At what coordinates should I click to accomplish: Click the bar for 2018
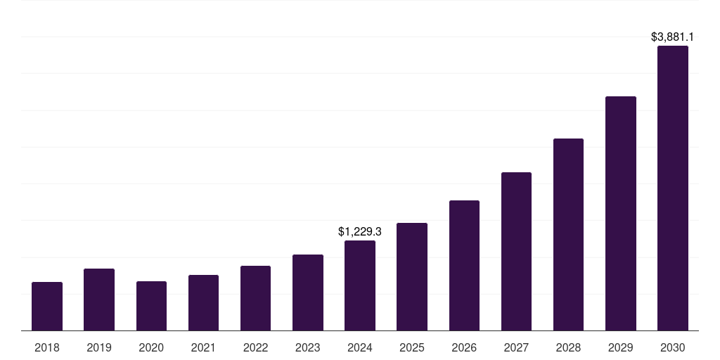(x=47, y=306)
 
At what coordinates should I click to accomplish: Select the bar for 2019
(x=99, y=300)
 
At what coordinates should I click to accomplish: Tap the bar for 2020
(x=151, y=306)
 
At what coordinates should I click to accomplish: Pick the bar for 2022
(x=255, y=298)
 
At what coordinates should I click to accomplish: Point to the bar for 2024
(x=360, y=285)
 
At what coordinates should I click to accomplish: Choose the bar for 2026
(x=464, y=265)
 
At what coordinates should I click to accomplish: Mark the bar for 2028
(x=568, y=234)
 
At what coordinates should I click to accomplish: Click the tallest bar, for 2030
(x=673, y=188)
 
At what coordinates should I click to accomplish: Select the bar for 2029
(x=621, y=213)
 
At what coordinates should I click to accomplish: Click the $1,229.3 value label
(x=360, y=231)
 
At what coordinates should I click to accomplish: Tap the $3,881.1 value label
(x=673, y=37)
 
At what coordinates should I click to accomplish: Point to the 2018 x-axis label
(x=47, y=347)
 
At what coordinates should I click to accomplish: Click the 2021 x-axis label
(x=203, y=347)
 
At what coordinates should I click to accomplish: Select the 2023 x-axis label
(x=308, y=347)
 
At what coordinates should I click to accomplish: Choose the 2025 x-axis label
(x=412, y=347)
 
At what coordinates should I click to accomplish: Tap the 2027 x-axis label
(x=516, y=347)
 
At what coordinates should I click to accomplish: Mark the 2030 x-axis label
(x=673, y=347)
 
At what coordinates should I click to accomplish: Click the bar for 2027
(x=516, y=251)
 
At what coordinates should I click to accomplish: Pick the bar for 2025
(x=412, y=276)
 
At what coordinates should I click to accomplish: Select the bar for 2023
(x=308, y=292)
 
